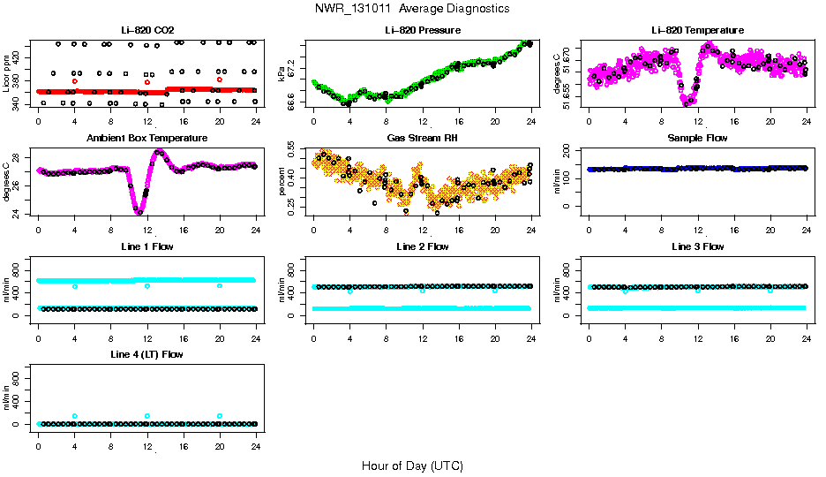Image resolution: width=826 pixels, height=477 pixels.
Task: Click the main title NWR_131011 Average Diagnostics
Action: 412,9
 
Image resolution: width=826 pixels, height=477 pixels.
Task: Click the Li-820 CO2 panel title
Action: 146,31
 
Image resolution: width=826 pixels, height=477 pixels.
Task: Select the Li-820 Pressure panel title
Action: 422,31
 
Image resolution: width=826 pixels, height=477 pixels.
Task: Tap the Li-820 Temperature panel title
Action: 697,31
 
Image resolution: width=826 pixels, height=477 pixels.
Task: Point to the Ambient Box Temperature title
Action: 146,139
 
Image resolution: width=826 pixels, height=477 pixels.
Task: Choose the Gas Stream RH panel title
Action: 422,139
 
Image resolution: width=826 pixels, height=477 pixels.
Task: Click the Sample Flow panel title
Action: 697,139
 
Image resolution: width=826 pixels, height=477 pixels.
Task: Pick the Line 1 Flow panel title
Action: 146,246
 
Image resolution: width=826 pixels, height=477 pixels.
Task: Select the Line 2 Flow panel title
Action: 422,246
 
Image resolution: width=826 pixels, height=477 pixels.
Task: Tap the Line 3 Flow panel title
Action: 697,246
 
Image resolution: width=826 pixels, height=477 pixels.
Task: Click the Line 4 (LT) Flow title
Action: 146,354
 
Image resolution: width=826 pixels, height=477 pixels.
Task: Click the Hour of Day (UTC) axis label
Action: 412,466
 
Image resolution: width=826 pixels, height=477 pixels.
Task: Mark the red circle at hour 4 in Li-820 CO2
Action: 75,81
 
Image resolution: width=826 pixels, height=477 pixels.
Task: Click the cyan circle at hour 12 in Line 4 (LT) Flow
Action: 147,415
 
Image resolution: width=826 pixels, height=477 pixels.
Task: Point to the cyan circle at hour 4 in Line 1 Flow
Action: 75,286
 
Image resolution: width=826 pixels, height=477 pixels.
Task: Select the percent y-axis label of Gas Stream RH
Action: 282,181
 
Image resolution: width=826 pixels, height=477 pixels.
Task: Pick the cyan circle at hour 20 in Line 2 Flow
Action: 495,290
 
